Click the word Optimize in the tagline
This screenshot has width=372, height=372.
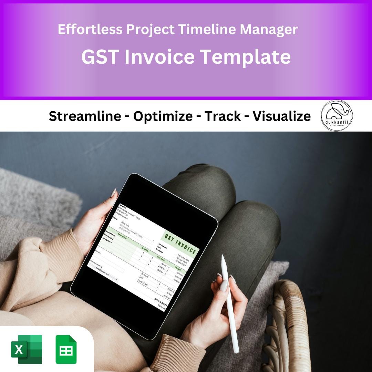click(x=163, y=116)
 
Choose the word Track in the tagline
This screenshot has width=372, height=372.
click(x=223, y=116)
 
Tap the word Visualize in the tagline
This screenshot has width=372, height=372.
click(x=281, y=116)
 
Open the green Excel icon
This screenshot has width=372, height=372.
click(x=27, y=349)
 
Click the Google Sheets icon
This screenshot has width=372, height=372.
click(x=66, y=349)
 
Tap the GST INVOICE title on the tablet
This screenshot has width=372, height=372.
click(x=181, y=244)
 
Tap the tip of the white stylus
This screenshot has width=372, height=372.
click(x=223, y=257)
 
